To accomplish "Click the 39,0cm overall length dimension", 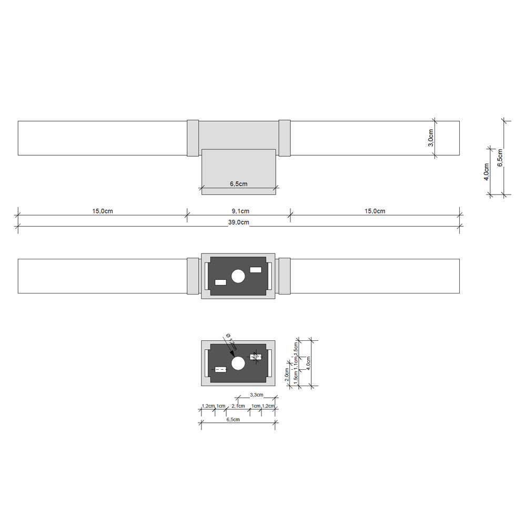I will point(238,222).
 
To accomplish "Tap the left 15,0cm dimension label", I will point(103,211).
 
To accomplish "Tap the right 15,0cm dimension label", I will point(375,211).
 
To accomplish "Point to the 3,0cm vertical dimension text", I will point(430,138).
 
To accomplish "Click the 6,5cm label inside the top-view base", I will point(238,184).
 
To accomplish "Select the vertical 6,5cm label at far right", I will point(500,158).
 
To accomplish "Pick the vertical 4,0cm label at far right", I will point(487,171).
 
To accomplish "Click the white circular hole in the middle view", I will point(238,276).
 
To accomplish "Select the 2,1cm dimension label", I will point(238,406).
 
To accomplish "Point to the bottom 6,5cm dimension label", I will point(233,420).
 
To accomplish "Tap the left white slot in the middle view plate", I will point(220,282).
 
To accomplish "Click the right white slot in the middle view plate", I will point(256,270).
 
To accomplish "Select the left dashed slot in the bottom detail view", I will point(220,370).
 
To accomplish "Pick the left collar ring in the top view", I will point(193,138).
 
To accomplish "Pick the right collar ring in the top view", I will point(285,138).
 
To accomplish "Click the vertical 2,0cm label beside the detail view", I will point(287,372).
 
